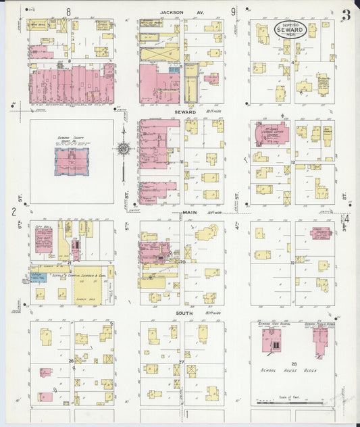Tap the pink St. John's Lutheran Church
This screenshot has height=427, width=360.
(272, 133)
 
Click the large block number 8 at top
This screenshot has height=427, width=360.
(68, 11)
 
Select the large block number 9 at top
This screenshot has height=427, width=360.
(233, 11)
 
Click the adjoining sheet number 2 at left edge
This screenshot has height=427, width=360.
(14, 211)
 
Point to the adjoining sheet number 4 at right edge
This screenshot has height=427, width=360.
(347, 218)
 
